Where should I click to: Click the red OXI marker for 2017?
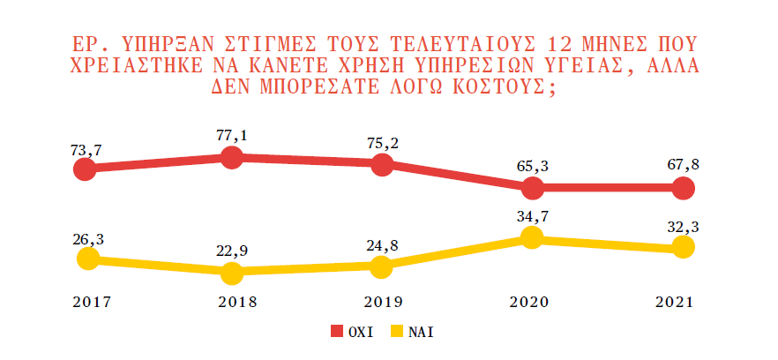(x=85, y=169)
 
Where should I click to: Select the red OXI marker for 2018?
(x=232, y=157)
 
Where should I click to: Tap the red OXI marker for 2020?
(x=532, y=188)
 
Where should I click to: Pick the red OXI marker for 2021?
(x=683, y=188)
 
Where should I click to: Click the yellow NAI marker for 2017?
(x=86, y=259)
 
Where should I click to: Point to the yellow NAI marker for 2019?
(x=382, y=266)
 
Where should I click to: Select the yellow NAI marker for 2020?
(x=531, y=236)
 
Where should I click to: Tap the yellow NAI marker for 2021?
(x=683, y=248)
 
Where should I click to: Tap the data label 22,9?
(x=232, y=250)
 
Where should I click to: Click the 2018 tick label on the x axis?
(x=231, y=302)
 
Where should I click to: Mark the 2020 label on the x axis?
(x=529, y=302)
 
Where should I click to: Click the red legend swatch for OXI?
(x=337, y=333)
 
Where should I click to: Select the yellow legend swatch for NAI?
(x=397, y=333)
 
